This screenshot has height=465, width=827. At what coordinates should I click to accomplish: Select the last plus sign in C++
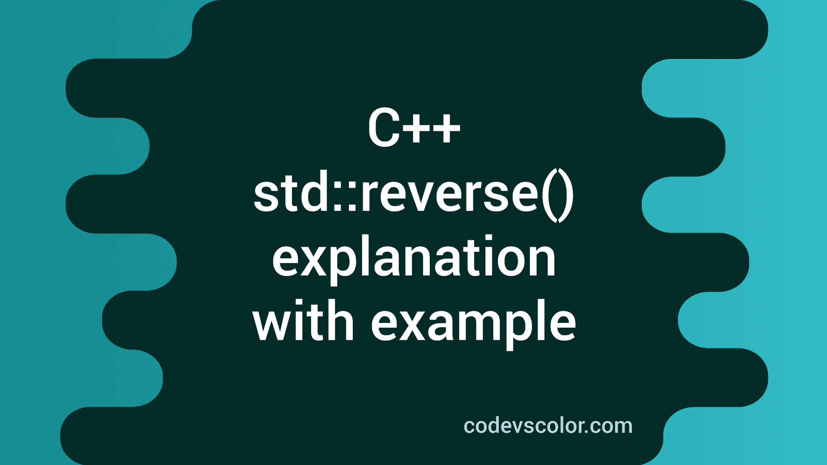[x=445, y=128]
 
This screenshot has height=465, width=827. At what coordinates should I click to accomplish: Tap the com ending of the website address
[x=612, y=426]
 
